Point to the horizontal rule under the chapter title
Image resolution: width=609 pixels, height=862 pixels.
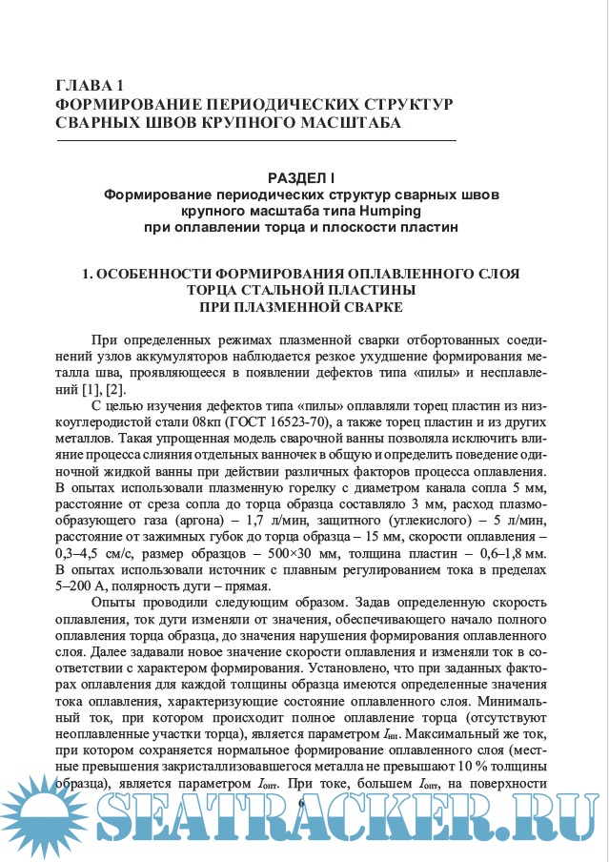(257, 141)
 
